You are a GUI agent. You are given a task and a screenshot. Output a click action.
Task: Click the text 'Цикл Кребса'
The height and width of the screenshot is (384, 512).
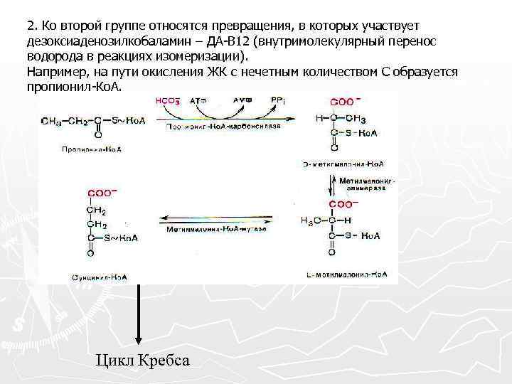click(x=142, y=360)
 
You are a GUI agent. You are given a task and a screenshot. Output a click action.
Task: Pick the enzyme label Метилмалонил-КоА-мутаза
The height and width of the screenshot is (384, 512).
click(x=217, y=230)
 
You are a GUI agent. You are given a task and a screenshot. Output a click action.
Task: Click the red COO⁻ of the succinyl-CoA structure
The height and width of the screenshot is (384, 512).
click(x=102, y=192)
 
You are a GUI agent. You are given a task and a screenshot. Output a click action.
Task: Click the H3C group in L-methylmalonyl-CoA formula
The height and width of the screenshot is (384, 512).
click(x=310, y=219)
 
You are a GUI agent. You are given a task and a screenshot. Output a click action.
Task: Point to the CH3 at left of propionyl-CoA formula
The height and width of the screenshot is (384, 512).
click(x=51, y=120)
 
